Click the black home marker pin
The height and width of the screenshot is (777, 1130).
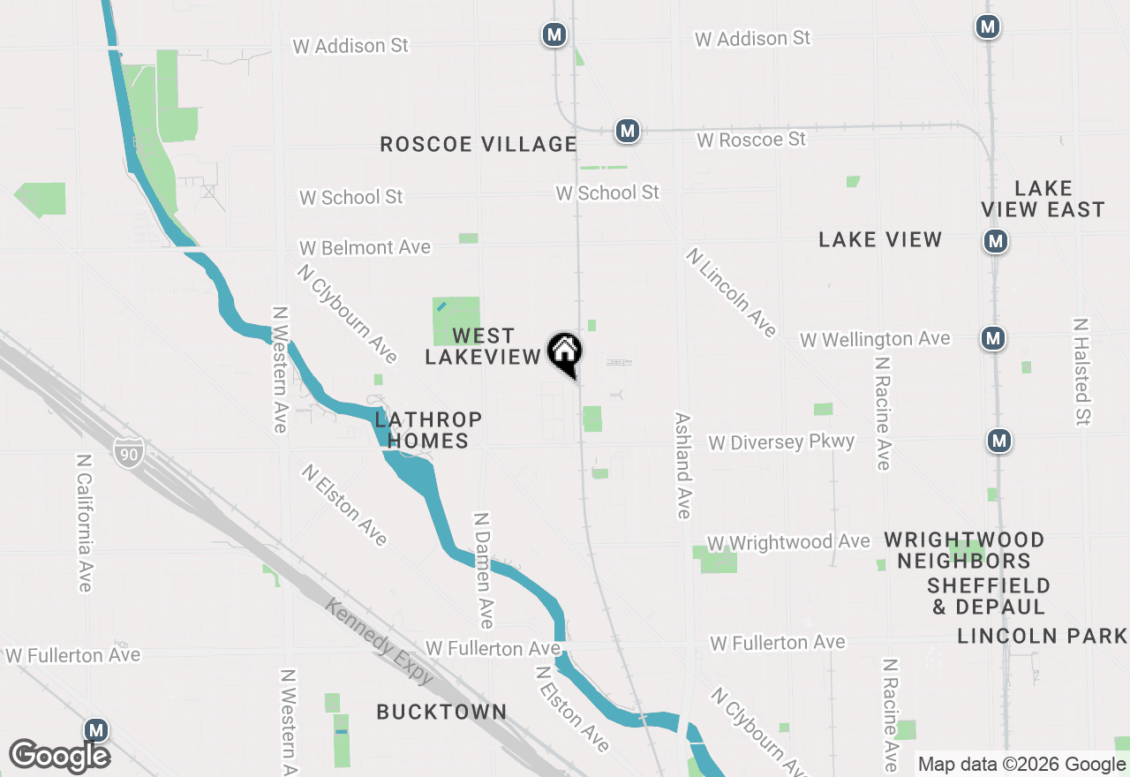565,353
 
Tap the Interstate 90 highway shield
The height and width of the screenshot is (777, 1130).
128,452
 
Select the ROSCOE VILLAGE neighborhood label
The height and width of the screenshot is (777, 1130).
478,144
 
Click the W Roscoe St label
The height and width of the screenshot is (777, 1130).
750,140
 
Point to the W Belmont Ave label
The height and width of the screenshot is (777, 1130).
365,248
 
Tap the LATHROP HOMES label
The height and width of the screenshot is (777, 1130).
428,430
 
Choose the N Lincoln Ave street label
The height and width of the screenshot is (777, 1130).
732,292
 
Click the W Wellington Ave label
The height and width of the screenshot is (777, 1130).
875,339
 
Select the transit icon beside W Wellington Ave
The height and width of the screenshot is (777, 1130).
994,337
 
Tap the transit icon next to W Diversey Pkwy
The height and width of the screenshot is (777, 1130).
999,440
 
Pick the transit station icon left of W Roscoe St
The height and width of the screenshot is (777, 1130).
628,131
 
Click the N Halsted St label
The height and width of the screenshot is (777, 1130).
1081,372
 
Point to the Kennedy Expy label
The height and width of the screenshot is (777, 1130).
380,641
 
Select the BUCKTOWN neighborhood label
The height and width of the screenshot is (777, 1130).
441,712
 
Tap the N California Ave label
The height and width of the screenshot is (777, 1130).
84,523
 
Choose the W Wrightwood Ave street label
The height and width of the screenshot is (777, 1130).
788,542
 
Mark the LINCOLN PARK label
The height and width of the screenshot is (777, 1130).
1042,636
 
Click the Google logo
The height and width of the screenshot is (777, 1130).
59,757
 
